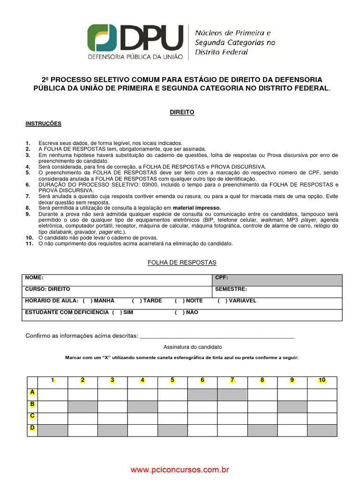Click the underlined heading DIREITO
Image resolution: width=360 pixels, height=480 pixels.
(x=181, y=112)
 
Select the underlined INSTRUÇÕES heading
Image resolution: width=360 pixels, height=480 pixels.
(x=43, y=123)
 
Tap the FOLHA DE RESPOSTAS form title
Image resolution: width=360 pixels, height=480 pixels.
(x=182, y=262)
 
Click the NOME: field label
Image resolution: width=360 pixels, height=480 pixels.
(x=34, y=277)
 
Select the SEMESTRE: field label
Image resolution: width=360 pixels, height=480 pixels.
(x=231, y=289)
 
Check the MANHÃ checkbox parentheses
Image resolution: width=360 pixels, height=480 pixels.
(x=87, y=301)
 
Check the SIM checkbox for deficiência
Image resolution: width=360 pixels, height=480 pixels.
(x=117, y=312)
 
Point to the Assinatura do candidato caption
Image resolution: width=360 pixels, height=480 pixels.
(x=193, y=347)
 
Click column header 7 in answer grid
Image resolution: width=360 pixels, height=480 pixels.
(x=232, y=380)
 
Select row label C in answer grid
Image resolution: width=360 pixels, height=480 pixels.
(x=32, y=416)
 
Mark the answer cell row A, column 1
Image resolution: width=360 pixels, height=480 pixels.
(x=52, y=395)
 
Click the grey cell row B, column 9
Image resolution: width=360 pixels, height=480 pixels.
(x=292, y=406)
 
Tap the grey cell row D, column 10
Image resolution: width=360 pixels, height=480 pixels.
(x=322, y=430)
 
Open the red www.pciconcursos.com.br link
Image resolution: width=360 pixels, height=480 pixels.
(x=180, y=469)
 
